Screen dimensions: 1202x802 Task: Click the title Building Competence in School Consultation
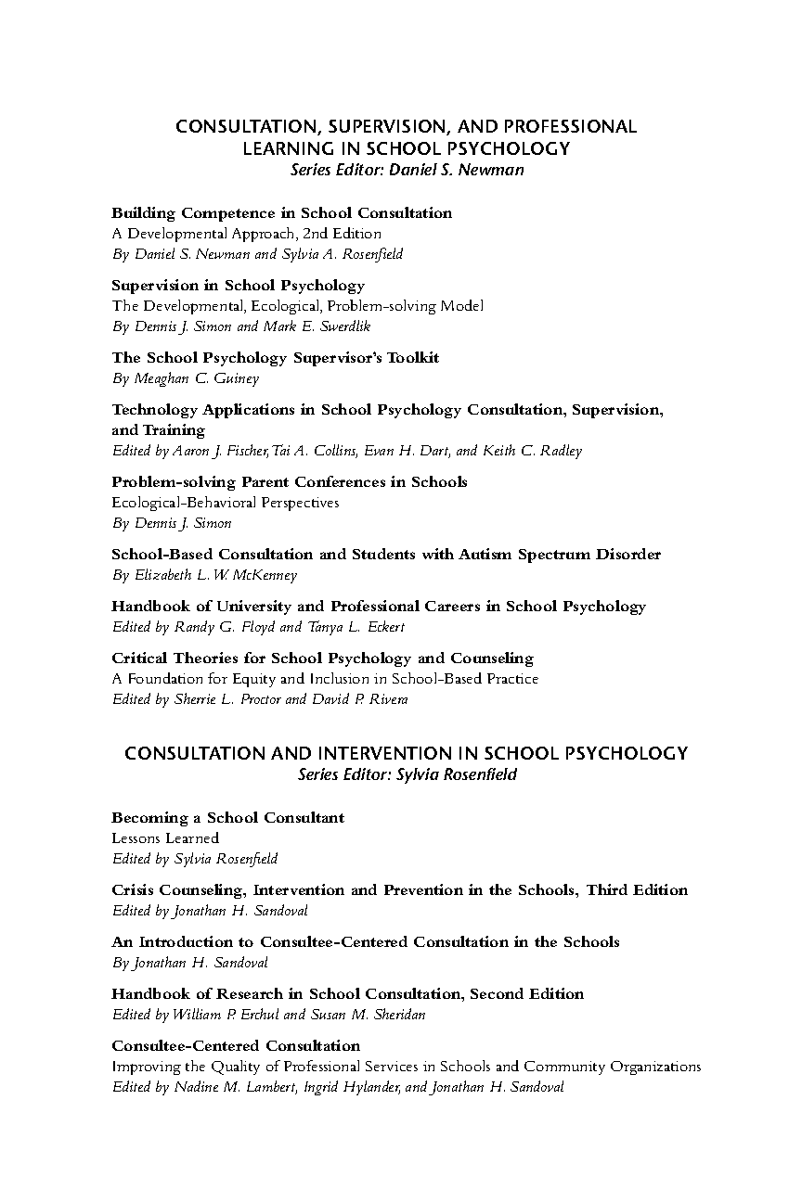click(x=282, y=213)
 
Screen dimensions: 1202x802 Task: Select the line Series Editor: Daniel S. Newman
click(x=407, y=170)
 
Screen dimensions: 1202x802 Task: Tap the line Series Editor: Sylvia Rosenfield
click(x=407, y=774)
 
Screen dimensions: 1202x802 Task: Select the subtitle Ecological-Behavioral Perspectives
click(x=226, y=503)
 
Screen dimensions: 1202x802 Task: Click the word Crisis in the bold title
click(x=133, y=890)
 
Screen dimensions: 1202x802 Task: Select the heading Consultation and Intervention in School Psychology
click(x=407, y=753)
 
